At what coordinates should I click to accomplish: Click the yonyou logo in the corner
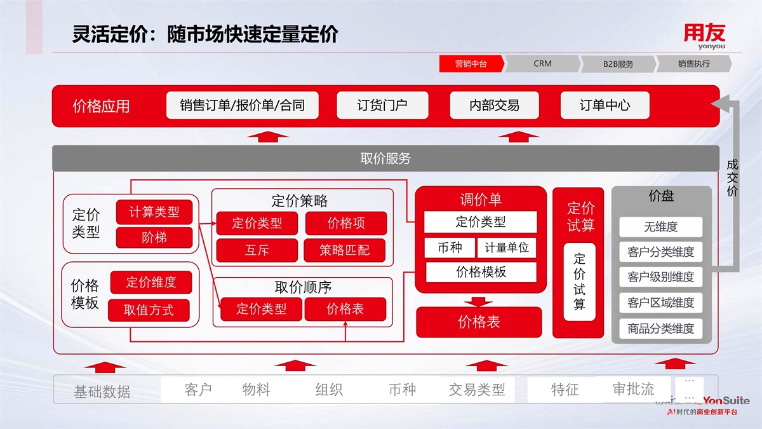[704, 36]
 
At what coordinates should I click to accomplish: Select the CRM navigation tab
[542, 64]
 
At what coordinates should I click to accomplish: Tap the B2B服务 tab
[618, 64]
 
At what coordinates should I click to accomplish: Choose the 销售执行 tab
[693, 64]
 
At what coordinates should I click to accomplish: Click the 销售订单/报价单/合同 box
[242, 106]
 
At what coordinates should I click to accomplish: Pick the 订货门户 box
[382, 106]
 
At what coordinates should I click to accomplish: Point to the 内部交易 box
[494, 106]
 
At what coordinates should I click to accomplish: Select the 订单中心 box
[605, 106]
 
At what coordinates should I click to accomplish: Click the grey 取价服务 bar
[385, 158]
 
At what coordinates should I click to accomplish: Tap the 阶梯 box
[154, 238]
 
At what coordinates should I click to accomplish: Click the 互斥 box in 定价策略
[257, 250]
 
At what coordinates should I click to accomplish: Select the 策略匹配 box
[345, 250]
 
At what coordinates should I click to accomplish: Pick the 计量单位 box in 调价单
[507, 248]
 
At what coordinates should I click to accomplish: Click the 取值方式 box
[149, 310]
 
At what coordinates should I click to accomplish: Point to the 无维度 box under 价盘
[660, 227]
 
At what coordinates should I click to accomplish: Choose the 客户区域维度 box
[660, 303]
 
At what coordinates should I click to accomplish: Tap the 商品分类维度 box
[660, 329]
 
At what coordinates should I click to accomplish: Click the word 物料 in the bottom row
[257, 389]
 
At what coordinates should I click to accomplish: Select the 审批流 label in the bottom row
[633, 389]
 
